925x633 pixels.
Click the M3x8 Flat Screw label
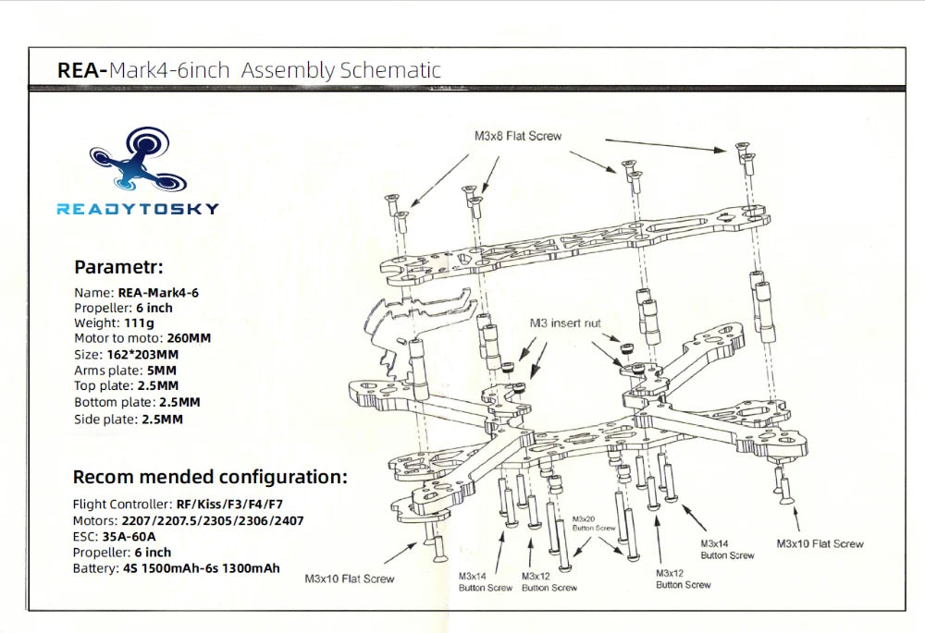click(x=517, y=136)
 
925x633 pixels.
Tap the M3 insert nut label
click(x=564, y=323)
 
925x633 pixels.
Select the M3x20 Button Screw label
click(x=594, y=523)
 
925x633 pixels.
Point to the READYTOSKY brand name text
click(x=138, y=209)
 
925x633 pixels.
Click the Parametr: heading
click(x=118, y=268)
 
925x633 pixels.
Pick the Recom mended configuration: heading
click(x=210, y=478)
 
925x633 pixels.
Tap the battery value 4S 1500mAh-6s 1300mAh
click(x=201, y=568)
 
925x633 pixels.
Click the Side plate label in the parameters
click(x=105, y=419)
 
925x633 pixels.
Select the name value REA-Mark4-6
click(x=158, y=292)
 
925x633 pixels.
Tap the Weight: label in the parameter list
click(x=96, y=323)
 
